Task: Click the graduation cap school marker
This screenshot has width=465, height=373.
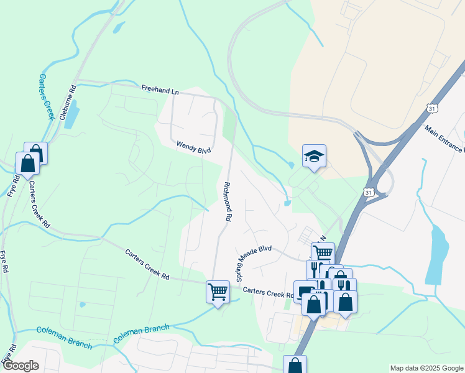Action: (x=314, y=156)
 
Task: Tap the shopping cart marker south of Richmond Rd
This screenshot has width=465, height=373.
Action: (x=218, y=290)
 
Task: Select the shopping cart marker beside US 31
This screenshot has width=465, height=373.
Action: (x=322, y=253)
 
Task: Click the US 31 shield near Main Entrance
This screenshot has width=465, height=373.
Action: (x=433, y=108)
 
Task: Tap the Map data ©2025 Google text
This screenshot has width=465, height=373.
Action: (x=426, y=368)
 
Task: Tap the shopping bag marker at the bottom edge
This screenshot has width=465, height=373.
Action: (x=295, y=365)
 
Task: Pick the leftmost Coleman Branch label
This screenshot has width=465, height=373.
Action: (x=63, y=338)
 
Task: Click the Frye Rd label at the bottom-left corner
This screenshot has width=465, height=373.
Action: (x=7, y=355)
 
